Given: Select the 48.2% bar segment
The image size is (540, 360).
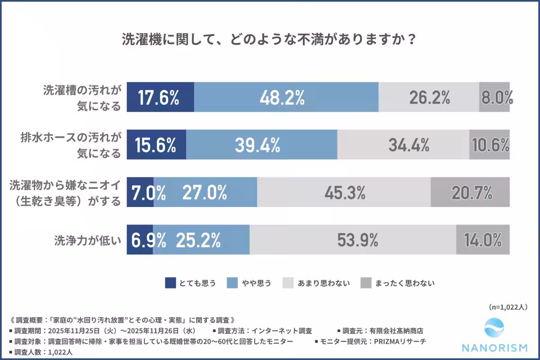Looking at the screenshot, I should click(286, 97).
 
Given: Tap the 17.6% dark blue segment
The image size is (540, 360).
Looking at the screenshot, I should click(160, 97).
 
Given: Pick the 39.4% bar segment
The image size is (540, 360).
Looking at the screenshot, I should click(261, 144).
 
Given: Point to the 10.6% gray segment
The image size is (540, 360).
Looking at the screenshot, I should click(490, 144).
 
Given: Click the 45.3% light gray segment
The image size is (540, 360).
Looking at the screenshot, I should click(344, 192).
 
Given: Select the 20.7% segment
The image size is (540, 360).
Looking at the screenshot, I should click(470, 192).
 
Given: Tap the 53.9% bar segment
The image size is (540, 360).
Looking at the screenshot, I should click(353, 240).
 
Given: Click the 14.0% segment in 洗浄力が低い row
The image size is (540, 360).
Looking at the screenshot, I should click(483, 240).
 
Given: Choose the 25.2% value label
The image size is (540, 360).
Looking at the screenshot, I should click(198, 240).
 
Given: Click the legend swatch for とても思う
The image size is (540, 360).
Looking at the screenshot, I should click(171, 283).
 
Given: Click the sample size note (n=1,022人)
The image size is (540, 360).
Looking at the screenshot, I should click(508, 307).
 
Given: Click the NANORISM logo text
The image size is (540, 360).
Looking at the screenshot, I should click(495, 348).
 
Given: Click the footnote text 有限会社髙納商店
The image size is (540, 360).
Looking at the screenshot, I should click(395, 331).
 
